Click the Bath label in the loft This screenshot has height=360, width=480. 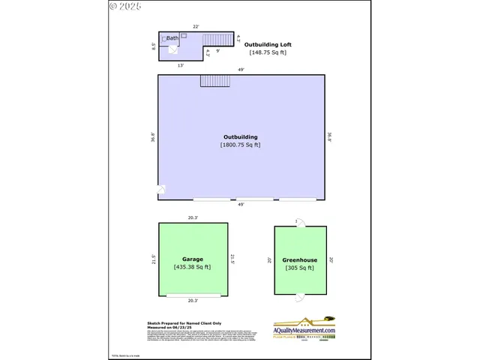coord(172,38)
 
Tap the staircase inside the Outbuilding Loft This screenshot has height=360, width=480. coord(218,39)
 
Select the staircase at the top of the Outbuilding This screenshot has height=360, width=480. coord(214,80)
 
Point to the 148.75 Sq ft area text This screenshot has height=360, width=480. coord(267,52)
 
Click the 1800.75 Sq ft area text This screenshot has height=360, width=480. coord(240,145)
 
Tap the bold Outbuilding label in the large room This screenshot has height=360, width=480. coord(240,137)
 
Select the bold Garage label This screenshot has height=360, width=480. coord(192,259)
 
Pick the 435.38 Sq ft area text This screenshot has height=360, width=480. coord(192,267)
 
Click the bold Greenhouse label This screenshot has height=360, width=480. coord(299,260)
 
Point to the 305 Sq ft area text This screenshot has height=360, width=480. coord(299,268)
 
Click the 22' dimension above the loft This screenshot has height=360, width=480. coord(196,27)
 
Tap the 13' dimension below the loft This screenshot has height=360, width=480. coord(181,66)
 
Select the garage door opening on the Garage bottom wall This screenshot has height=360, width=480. coord(193,295)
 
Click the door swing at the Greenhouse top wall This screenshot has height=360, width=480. coord(299,223)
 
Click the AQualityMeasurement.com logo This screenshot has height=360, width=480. coord(304,327)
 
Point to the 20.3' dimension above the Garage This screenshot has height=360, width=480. coord(193,218)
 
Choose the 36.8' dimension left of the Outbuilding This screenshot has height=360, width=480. coord(153,137)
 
